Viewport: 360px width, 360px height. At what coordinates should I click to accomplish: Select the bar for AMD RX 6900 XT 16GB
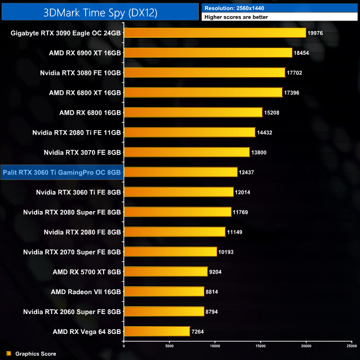(x=208, y=53)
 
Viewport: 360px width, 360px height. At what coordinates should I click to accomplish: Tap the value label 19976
(x=316, y=33)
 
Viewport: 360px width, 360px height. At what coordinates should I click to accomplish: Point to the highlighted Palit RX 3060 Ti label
(x=61, y=172)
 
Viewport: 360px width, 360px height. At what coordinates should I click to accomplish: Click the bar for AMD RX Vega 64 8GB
(x=157, y=331)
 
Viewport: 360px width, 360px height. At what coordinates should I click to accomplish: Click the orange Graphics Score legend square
(x=8, y=353)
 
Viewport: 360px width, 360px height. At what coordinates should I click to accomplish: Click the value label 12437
(x=248, y=172)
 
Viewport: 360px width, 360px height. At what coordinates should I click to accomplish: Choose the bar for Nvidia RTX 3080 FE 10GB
(x=204, y=73)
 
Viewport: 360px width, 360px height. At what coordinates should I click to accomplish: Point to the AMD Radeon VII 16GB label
(x=86, y=291)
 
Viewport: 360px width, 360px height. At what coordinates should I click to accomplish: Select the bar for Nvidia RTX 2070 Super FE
(x=170, y=252)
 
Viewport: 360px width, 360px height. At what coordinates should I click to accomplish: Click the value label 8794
(x=214, y=312)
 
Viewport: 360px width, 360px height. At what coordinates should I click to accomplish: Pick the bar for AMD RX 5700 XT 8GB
(x=166, y=272)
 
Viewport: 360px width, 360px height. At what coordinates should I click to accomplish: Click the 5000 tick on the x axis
(x=169, y=346)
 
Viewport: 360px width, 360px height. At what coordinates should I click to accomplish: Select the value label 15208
(x=272, y=112)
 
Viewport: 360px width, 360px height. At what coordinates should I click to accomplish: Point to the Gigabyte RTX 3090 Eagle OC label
(x=66, y=33)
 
